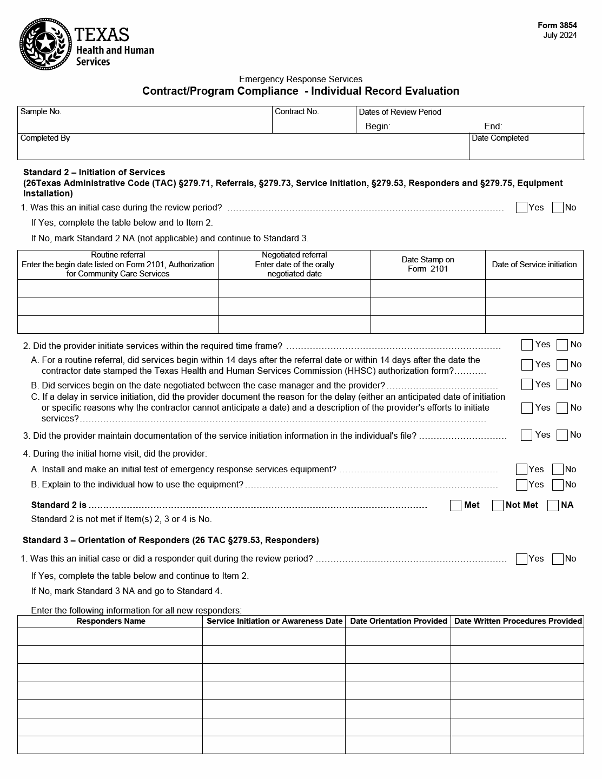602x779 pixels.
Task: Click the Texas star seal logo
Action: click(x=45, y=44)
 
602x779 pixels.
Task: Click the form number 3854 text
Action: click(x=557, y=25)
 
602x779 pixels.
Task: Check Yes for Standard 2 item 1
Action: click(x=521, y=208)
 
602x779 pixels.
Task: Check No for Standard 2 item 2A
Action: click(x=562, y=365)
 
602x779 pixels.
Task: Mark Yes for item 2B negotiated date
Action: click(x=527, y=385)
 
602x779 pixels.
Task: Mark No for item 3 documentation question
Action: click(x=562, y=435)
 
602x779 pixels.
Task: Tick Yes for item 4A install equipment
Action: click(x=521, y=470)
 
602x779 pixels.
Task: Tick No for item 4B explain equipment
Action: click(x=558, y=485)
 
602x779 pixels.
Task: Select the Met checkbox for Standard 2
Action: click(x=455, y=506)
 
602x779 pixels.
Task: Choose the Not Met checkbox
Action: click(x=498, y=506)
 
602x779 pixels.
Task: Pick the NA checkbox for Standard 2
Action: click(x=553, y=506)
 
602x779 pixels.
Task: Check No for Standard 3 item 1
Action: click(x=558, y=559)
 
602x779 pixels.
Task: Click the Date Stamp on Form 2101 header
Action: click(x=428, y=265)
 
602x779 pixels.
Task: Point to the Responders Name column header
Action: click(x=110, y=621)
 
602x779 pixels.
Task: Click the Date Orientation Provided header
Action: click(x=398, y=621)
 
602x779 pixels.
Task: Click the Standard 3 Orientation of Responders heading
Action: click(x=170, y=540)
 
